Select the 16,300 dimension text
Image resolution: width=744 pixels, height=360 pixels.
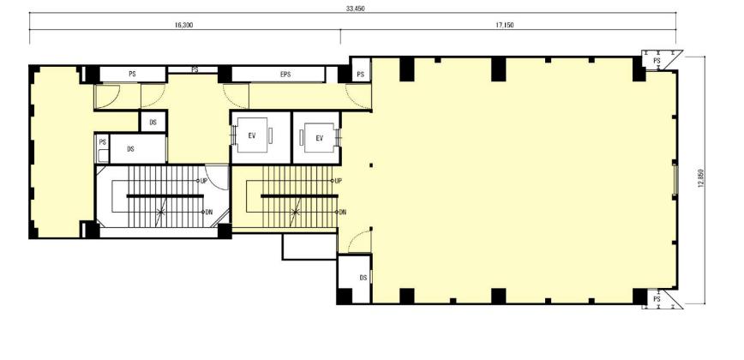coord(183,25)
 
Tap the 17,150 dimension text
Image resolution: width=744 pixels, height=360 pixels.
coord(505,25)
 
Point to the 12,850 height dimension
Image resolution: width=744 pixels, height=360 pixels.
coord(700,180)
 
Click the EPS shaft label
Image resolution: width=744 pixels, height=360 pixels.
coord(285,75)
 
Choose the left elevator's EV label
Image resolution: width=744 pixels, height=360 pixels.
coord(252,135)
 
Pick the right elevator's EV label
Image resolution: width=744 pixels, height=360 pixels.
coord(320,138)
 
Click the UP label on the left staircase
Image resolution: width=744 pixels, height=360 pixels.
coord(203,181)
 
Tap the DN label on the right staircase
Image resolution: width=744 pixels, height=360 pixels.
coord(342,212)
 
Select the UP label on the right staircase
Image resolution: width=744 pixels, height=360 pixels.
coord(339,181)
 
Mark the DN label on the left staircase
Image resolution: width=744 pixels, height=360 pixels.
coord(209,212)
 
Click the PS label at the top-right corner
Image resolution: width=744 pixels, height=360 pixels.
coord(657,61)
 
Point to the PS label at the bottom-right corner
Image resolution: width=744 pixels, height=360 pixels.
coord(657,299)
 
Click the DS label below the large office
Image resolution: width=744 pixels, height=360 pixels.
coord(363,278)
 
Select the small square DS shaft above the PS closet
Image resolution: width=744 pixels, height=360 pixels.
coord(153,122)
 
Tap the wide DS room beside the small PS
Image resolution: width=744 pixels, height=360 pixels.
coord(138,149)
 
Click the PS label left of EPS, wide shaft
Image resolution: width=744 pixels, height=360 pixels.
coord(132,74)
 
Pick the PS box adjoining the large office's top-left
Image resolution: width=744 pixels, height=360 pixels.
coord(361,70)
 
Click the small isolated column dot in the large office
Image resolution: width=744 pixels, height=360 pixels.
coord(371,165)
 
